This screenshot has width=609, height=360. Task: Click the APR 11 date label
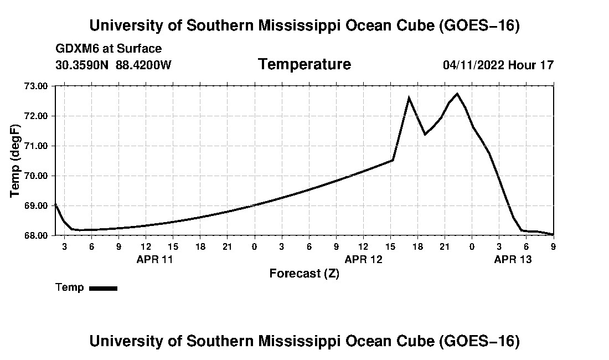[x=154, y=259]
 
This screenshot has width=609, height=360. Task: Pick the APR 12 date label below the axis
[x=364, y=259]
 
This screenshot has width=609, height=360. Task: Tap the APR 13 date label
[x=513, y=259]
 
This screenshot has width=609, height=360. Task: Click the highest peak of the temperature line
[x=457, y=94]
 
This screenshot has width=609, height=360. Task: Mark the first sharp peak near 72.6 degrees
[x=409, y=98]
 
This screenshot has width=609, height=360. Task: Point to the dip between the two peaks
[x=425, y=135]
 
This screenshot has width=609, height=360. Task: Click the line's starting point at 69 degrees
[x=55, y=204]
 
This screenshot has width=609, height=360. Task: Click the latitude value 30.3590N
[x=82, y=65]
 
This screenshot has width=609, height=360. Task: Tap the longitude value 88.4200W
[x=143, y=65]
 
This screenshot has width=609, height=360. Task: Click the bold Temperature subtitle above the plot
[x=304, y=64]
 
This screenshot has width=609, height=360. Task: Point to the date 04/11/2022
[x=473, y=65]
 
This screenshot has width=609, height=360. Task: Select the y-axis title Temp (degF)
[x=15, y=161]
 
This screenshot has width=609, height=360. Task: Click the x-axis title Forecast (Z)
[x=304, y=274]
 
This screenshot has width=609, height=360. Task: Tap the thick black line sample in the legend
[x=104, y=288]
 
